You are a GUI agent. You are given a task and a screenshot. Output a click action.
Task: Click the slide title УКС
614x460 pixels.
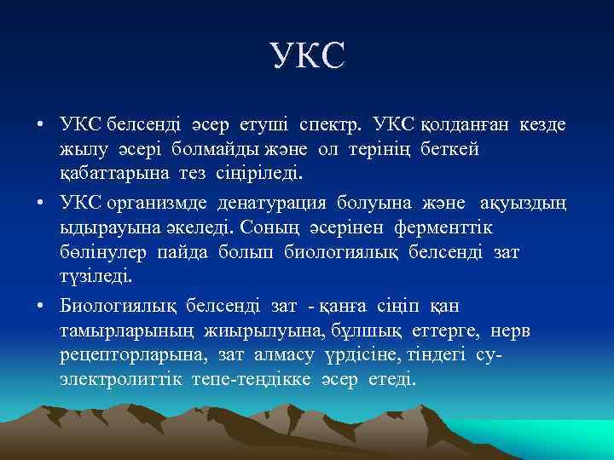308,55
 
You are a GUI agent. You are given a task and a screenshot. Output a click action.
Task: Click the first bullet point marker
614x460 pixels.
41,126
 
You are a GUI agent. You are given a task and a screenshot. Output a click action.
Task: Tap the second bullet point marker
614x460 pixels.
41,203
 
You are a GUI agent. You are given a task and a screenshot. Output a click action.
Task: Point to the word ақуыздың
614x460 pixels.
526,202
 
